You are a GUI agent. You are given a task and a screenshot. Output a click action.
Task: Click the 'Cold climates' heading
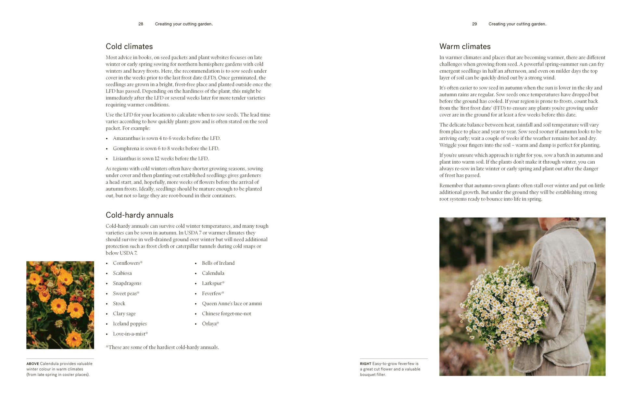pyautogui.click(x=129, y=46)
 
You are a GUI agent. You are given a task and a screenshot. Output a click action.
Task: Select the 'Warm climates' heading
pyautogui.click(x=465, y=46)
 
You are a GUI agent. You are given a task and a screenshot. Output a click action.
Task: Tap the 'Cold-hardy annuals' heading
pyautogui.click(x=139, y=215)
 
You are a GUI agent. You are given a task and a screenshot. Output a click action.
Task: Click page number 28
pyautogui.click(x=141, y=24)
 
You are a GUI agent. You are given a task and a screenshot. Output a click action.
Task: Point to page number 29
pyautogui.click(x=474, y=24)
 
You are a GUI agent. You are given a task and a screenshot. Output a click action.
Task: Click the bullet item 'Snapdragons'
pyautogui.click(x=127, y=283)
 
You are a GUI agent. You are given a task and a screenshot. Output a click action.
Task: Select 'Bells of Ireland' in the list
pyautogui.click(x=218, y=263)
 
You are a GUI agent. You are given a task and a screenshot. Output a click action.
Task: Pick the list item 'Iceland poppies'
pyautogui.click(x=130, y=323)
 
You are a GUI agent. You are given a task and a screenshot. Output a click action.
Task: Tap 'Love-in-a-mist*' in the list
pyautogui.click(x=130, y=334)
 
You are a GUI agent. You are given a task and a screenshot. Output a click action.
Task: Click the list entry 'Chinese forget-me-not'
pyautogui.click(x=226, y=313)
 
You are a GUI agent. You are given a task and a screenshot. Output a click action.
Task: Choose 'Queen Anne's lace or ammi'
pyautogui.click(x=232, y=303)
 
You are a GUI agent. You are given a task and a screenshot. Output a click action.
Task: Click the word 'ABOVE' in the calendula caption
pyautogui.click(x=32, y=364)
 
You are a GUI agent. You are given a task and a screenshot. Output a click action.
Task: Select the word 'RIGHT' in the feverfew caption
pyautogui.click(x=365, y=364)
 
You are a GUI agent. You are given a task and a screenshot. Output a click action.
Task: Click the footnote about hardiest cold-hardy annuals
pyautogui.click(x=162, y=347)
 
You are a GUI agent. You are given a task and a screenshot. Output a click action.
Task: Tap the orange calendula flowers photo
pyautogui.click(x=60, y=305)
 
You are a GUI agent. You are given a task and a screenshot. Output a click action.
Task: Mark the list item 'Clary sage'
pyautogui.click(x=124, y=313)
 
